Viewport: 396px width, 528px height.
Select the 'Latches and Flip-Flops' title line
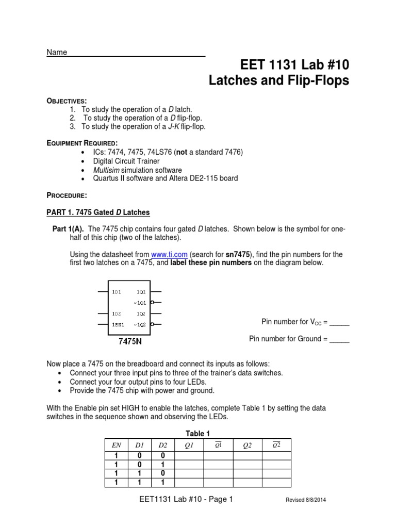pos(278,80)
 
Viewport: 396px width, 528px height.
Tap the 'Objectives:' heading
pos(67,101)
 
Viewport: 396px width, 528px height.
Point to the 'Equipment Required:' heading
pos(82,142)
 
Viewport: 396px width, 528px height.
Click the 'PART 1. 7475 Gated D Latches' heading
pos(98,212)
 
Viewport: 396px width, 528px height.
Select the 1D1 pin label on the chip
pos(116,292)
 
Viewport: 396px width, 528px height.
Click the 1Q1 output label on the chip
pos(141,292)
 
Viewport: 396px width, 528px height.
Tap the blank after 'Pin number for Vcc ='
pos(339,322)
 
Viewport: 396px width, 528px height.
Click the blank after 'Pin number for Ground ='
pos(339,339)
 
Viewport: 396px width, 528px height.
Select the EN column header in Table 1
pos(117,445)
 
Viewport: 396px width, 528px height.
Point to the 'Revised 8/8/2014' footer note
pos(306,500)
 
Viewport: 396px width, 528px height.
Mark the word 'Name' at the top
pos(57,53)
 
